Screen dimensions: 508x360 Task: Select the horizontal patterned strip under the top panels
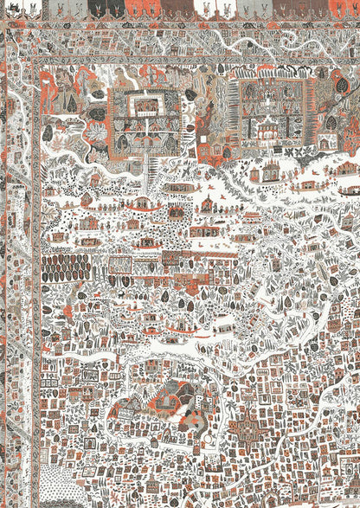coord(190,23)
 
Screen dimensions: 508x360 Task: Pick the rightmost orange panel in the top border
coord(342,8)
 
